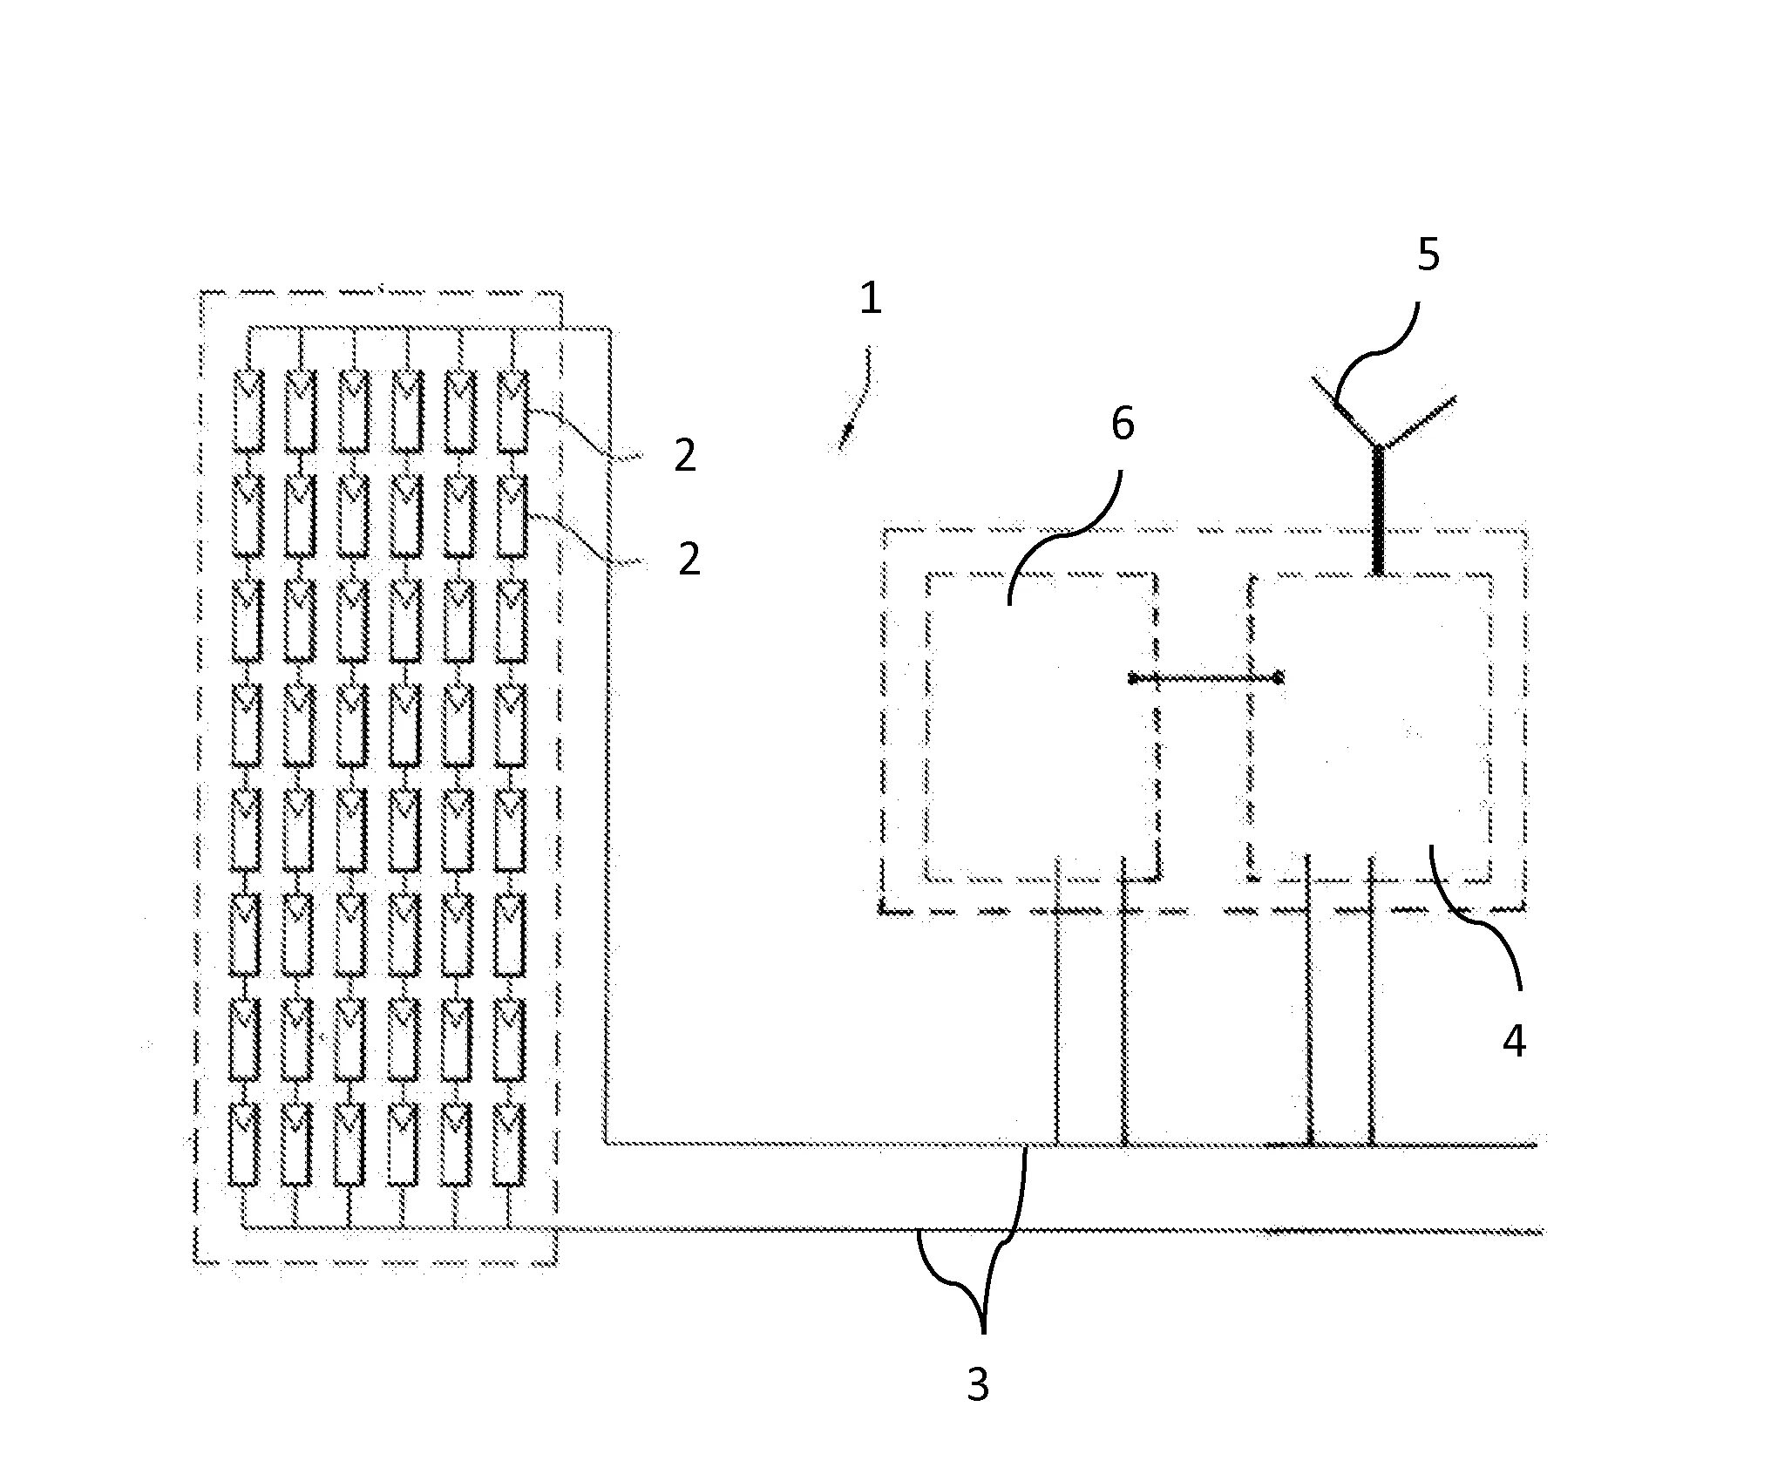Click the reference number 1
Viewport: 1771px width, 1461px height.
click(870, 299)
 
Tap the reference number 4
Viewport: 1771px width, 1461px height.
click(1514, 1041)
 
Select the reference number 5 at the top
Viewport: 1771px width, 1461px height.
click(1428, 255)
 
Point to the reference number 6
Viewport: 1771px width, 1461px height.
click(1123, 425)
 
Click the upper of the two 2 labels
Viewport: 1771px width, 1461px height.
click(685, 455)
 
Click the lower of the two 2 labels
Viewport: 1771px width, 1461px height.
click(689, 559)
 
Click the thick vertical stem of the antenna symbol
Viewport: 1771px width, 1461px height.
click(1378, 514)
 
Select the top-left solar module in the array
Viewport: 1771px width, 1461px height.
click(248, 411)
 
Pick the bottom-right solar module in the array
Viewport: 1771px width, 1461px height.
click(509, 1144)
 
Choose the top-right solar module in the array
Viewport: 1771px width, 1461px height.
click(512, 411)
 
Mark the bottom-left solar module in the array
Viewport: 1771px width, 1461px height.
click(244, 1144)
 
